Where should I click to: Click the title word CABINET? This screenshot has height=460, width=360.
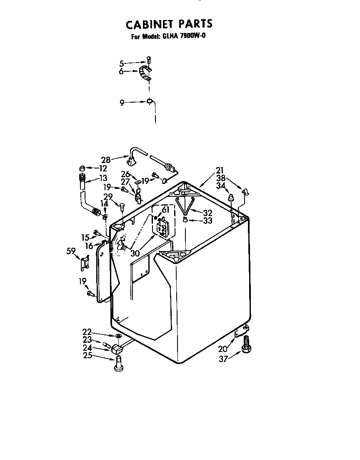coord(149,24)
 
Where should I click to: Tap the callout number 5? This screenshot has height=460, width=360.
coord(121,63)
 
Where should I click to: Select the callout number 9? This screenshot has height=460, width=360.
coord(122,103)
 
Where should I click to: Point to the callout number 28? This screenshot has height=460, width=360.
coord(106,160)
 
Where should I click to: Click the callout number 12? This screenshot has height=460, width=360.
coord(103,168)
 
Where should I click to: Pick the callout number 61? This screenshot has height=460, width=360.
coord(166,210)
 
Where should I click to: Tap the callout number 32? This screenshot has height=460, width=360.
coord(207,213)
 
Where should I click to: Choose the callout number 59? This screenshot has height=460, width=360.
coord(71,251)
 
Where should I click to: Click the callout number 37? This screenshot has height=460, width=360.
coord(223,359)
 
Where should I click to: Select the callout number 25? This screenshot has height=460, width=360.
coord(87,355)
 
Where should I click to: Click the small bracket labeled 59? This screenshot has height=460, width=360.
coord(85,262)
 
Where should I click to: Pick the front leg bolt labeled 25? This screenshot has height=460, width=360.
coord(118,364)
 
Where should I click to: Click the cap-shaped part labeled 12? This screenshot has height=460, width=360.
coord(82,168)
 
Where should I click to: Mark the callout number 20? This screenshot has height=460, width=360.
coord(223,349)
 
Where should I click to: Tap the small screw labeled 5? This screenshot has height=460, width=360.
coord(149,60)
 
